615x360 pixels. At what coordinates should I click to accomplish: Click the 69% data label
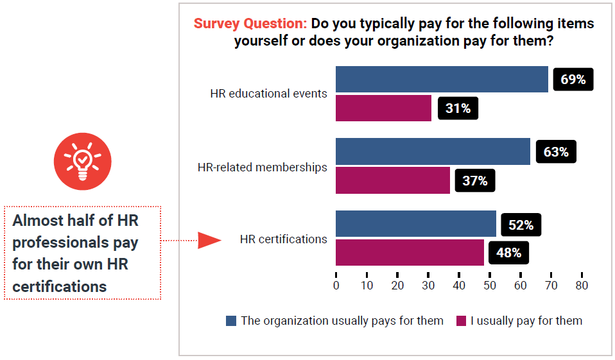[x=573, y=80]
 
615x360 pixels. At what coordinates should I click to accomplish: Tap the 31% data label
[x=458, y=108]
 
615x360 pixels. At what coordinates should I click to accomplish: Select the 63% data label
[x=555, y=152]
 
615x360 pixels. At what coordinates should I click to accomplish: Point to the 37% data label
[x=474, y=181]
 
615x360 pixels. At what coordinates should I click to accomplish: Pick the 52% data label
[x=521, y=225]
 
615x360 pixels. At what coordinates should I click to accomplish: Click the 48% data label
[x=508, y=253]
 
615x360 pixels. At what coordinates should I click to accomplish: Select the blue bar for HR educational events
[x=442, y=80]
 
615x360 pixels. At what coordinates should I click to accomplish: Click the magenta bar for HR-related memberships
[x=393, y=180]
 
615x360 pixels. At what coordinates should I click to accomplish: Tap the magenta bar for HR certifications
[x=410, y=253]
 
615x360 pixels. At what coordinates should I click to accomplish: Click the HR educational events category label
[x=268, y=94]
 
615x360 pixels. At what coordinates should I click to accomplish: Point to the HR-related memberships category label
[x=262, y=167]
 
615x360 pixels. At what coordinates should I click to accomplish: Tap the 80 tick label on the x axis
[x=581, y=286]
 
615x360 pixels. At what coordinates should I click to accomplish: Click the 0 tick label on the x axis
[x=336, y=286]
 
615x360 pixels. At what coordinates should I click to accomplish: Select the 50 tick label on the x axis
[x=489, y=286]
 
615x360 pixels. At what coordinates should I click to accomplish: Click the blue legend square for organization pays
[x=231, y=321]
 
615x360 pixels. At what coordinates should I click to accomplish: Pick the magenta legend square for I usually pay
[x=461, y=321]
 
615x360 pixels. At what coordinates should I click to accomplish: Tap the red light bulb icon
[x=82, y=161]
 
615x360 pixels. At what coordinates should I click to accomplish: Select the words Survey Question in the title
[x=250, y=24]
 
